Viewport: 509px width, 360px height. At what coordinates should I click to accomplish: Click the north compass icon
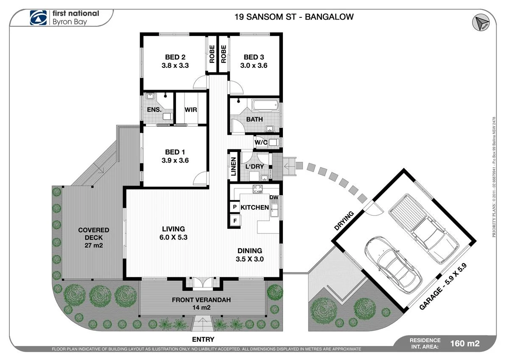tap(481, 22)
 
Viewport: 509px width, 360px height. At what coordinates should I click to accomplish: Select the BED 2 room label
tap(175, 57)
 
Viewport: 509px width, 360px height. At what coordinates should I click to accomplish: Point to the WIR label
tap(190, 110)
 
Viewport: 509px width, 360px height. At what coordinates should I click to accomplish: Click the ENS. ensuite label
tap(154, 110)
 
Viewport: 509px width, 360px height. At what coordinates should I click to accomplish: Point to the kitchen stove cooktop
tap(258, 189)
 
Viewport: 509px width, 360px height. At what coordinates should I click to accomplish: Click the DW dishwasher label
tap(274, 197)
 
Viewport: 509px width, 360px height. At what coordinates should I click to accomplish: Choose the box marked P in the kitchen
tap(234, 207)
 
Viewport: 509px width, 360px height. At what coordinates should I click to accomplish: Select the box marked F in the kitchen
tap(234, 220)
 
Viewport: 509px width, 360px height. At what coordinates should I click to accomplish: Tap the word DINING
tap(249, 250)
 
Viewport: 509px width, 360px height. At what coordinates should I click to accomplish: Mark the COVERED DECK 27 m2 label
tap(93, 238)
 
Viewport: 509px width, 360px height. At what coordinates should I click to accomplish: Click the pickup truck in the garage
tap(423, 229)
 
